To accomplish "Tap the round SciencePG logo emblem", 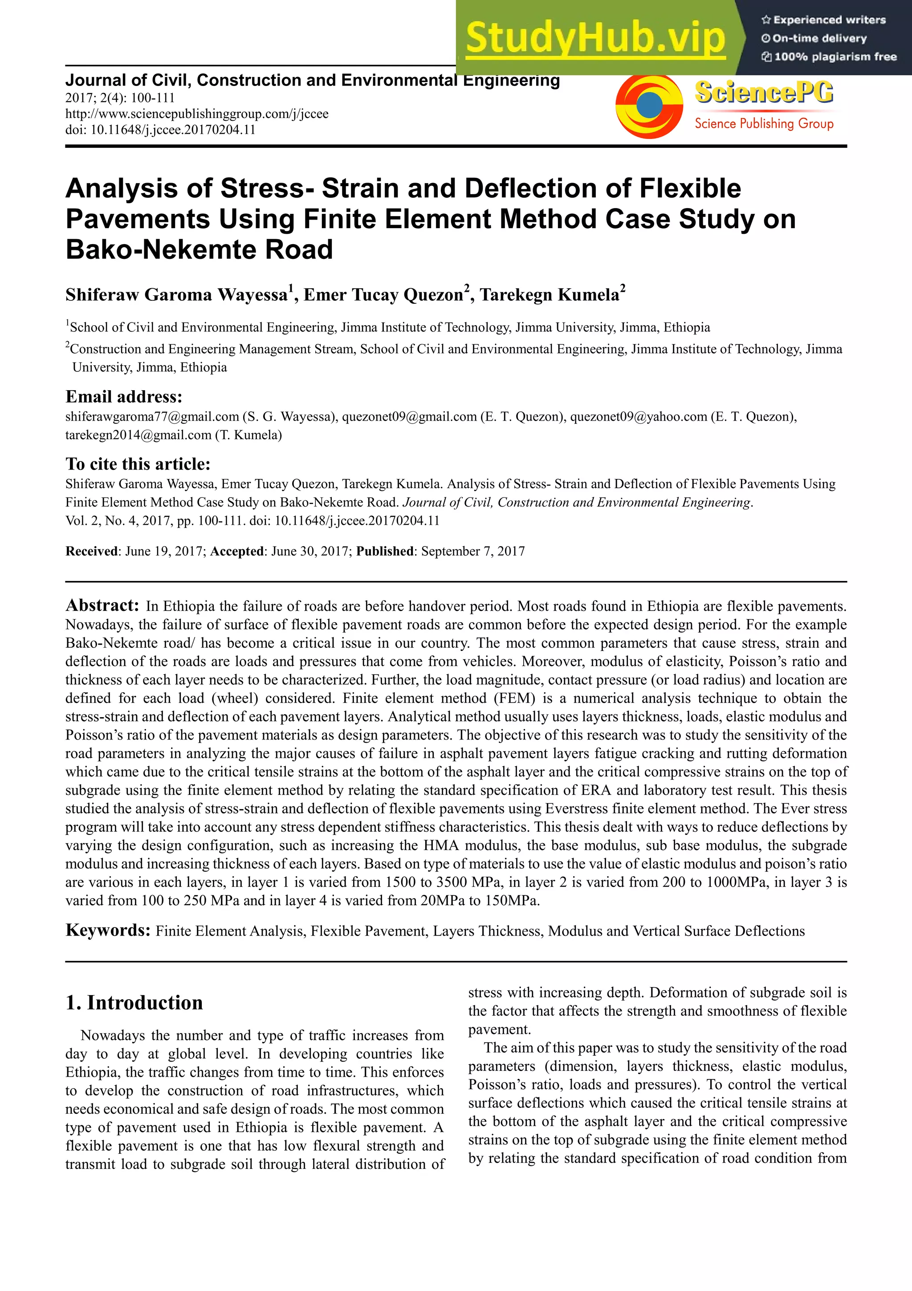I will tap(649, 105).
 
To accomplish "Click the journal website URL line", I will tap(197, 114).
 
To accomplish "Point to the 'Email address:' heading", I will tap(124, 397).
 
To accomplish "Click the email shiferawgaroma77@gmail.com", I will tap(152, 417).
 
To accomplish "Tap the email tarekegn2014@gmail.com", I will tap(138, 435).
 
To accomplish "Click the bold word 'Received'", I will tap(91, 551).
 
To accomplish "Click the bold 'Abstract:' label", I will tap(102, 605).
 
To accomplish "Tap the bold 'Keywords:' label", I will tap(108, 930).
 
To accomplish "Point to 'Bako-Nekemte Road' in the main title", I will tap(199, 249).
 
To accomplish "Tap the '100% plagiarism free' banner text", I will tap(835, 57).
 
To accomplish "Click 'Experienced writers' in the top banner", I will tap(829, 20).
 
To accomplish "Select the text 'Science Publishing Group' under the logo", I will tap(764, 124).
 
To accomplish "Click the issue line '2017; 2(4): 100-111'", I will tap(120, 98).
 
